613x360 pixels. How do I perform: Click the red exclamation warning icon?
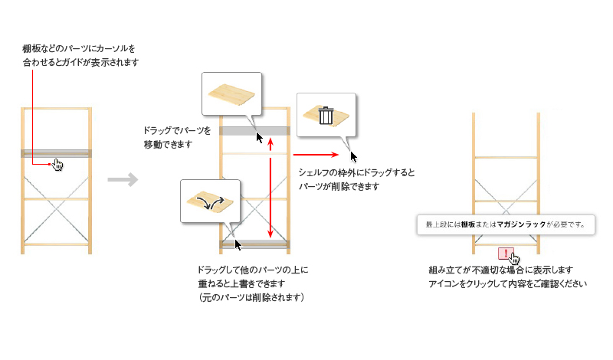click(x=505, y=252)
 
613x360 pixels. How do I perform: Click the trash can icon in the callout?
click(x=326, y=116)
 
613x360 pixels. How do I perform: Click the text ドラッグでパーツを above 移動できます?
click(x=176, y=130)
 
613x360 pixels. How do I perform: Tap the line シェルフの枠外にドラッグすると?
click(x=356, y=173)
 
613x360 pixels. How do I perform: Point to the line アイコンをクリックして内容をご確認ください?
click(x=507, y=284)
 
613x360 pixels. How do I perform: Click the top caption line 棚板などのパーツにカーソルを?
click(x=78, y=48)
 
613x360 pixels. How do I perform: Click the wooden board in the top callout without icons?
click(x=231, y=93)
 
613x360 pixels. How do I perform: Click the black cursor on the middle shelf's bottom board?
click(x=238, y=244)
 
